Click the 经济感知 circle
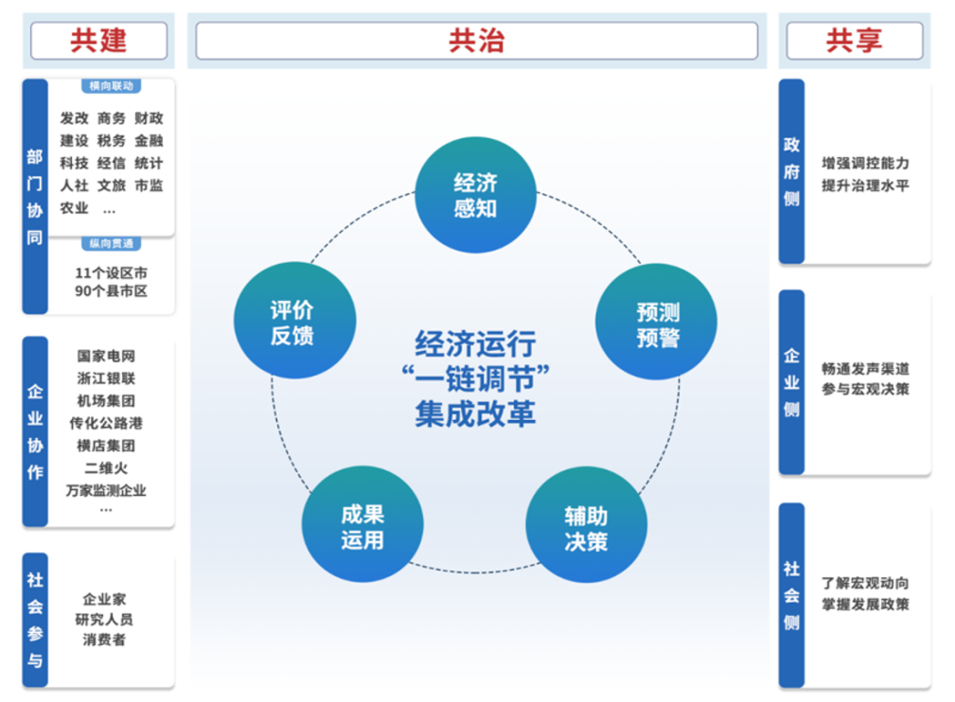click(x=475, y=196)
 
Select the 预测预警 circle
click(x=656, y=325)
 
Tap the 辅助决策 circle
click(x=586, y=528)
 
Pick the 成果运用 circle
click(x=363, y=528)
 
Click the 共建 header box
click(x=98, y=41)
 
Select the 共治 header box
click(x=476, y=41)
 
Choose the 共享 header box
click(x=854, y=41)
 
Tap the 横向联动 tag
click(x=112, y=86)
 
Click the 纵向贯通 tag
click(x=112, y=244)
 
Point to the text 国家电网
click(x=106, y=357)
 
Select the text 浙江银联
click(x=106, y=378)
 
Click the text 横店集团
click(x=106, y=446)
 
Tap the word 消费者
click(x=104, y=640)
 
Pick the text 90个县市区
click(x=111, y=291)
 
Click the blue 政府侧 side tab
click(x=791, y=171)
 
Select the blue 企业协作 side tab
click(x=35, y=431)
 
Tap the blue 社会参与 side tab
click(x=35, y=620)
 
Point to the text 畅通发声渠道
click(x=865, y=369)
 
